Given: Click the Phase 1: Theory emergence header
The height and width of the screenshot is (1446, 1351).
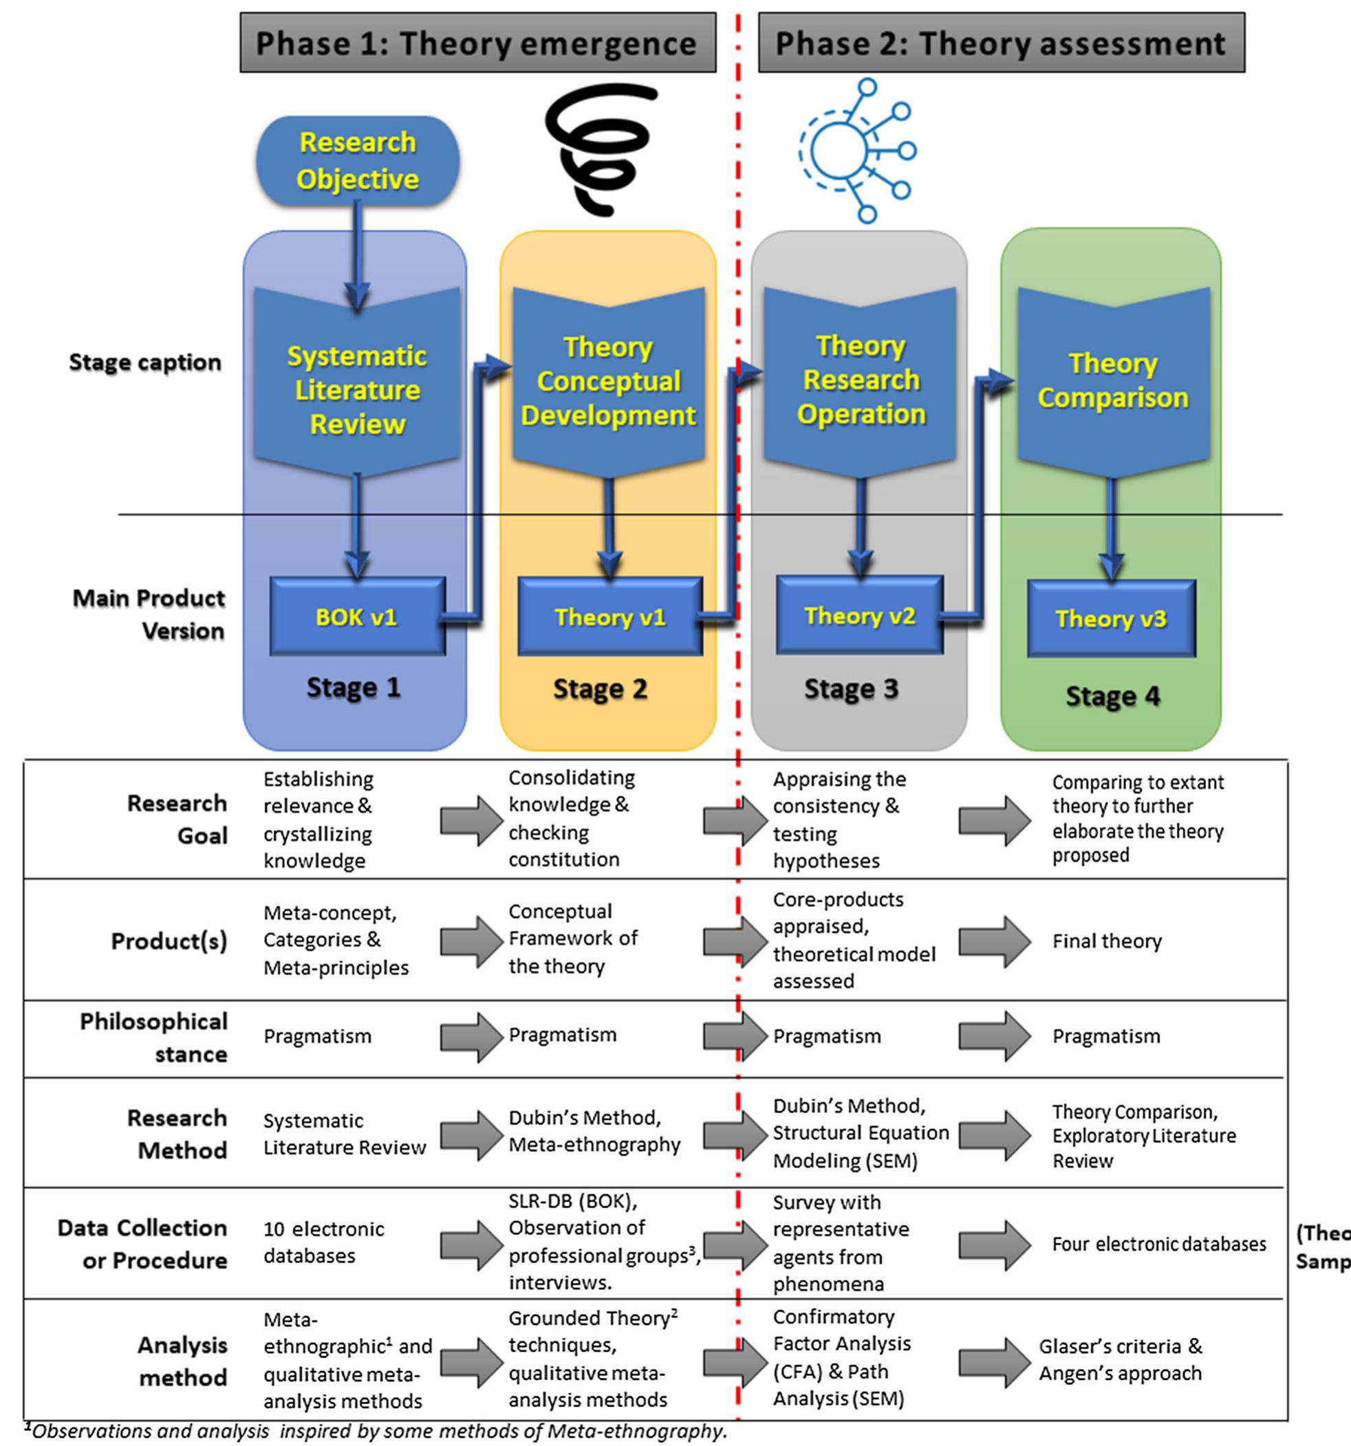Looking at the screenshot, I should point(477,43).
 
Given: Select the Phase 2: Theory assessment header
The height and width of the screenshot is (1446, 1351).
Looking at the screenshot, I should point(1000,43).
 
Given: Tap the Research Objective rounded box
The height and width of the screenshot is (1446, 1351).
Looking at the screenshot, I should point(357,161).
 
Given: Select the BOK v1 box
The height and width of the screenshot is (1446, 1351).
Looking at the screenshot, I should point(356,617).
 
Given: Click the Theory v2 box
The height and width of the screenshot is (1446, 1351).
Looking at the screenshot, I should point(859,615).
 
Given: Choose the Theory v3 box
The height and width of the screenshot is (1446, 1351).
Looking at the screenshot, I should point(1110,618).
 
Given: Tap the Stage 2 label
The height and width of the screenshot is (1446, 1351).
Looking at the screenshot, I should point(601,688).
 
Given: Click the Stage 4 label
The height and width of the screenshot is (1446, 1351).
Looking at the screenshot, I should point(1112,695).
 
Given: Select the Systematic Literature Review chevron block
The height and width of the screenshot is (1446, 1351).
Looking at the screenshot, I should point(356,386).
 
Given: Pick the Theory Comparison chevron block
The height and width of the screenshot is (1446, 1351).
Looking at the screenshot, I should point(1112,382).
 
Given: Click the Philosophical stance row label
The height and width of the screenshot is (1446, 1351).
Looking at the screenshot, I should point(154,1037).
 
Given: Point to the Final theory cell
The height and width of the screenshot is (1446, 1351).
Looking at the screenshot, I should point(1107,941).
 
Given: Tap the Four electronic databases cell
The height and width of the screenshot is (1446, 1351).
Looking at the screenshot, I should point(1158,1244).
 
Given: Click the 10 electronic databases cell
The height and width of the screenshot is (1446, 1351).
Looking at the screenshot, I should point(324,1242).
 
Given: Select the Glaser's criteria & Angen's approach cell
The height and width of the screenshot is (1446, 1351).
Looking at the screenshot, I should point(1121,1359).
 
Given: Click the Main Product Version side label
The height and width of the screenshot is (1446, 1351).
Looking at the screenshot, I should point(149,614).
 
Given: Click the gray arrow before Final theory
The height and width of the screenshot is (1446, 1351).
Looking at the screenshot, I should point(994,941).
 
